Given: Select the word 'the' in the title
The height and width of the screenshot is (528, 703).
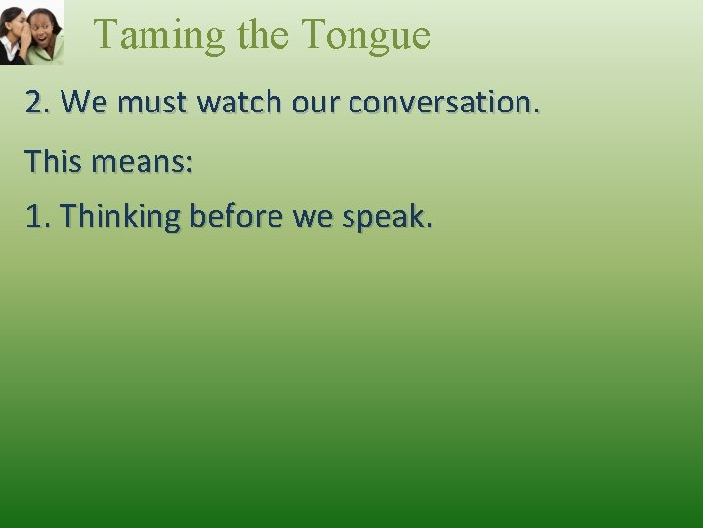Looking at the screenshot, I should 263,35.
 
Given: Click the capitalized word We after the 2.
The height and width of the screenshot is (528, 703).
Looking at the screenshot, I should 84,102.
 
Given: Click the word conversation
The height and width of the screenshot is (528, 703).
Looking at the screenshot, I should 441,102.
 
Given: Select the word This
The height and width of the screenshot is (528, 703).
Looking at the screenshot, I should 53,160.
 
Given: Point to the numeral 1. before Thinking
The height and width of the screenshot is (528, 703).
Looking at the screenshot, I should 38,217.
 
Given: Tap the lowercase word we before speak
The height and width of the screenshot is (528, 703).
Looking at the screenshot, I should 312,218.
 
